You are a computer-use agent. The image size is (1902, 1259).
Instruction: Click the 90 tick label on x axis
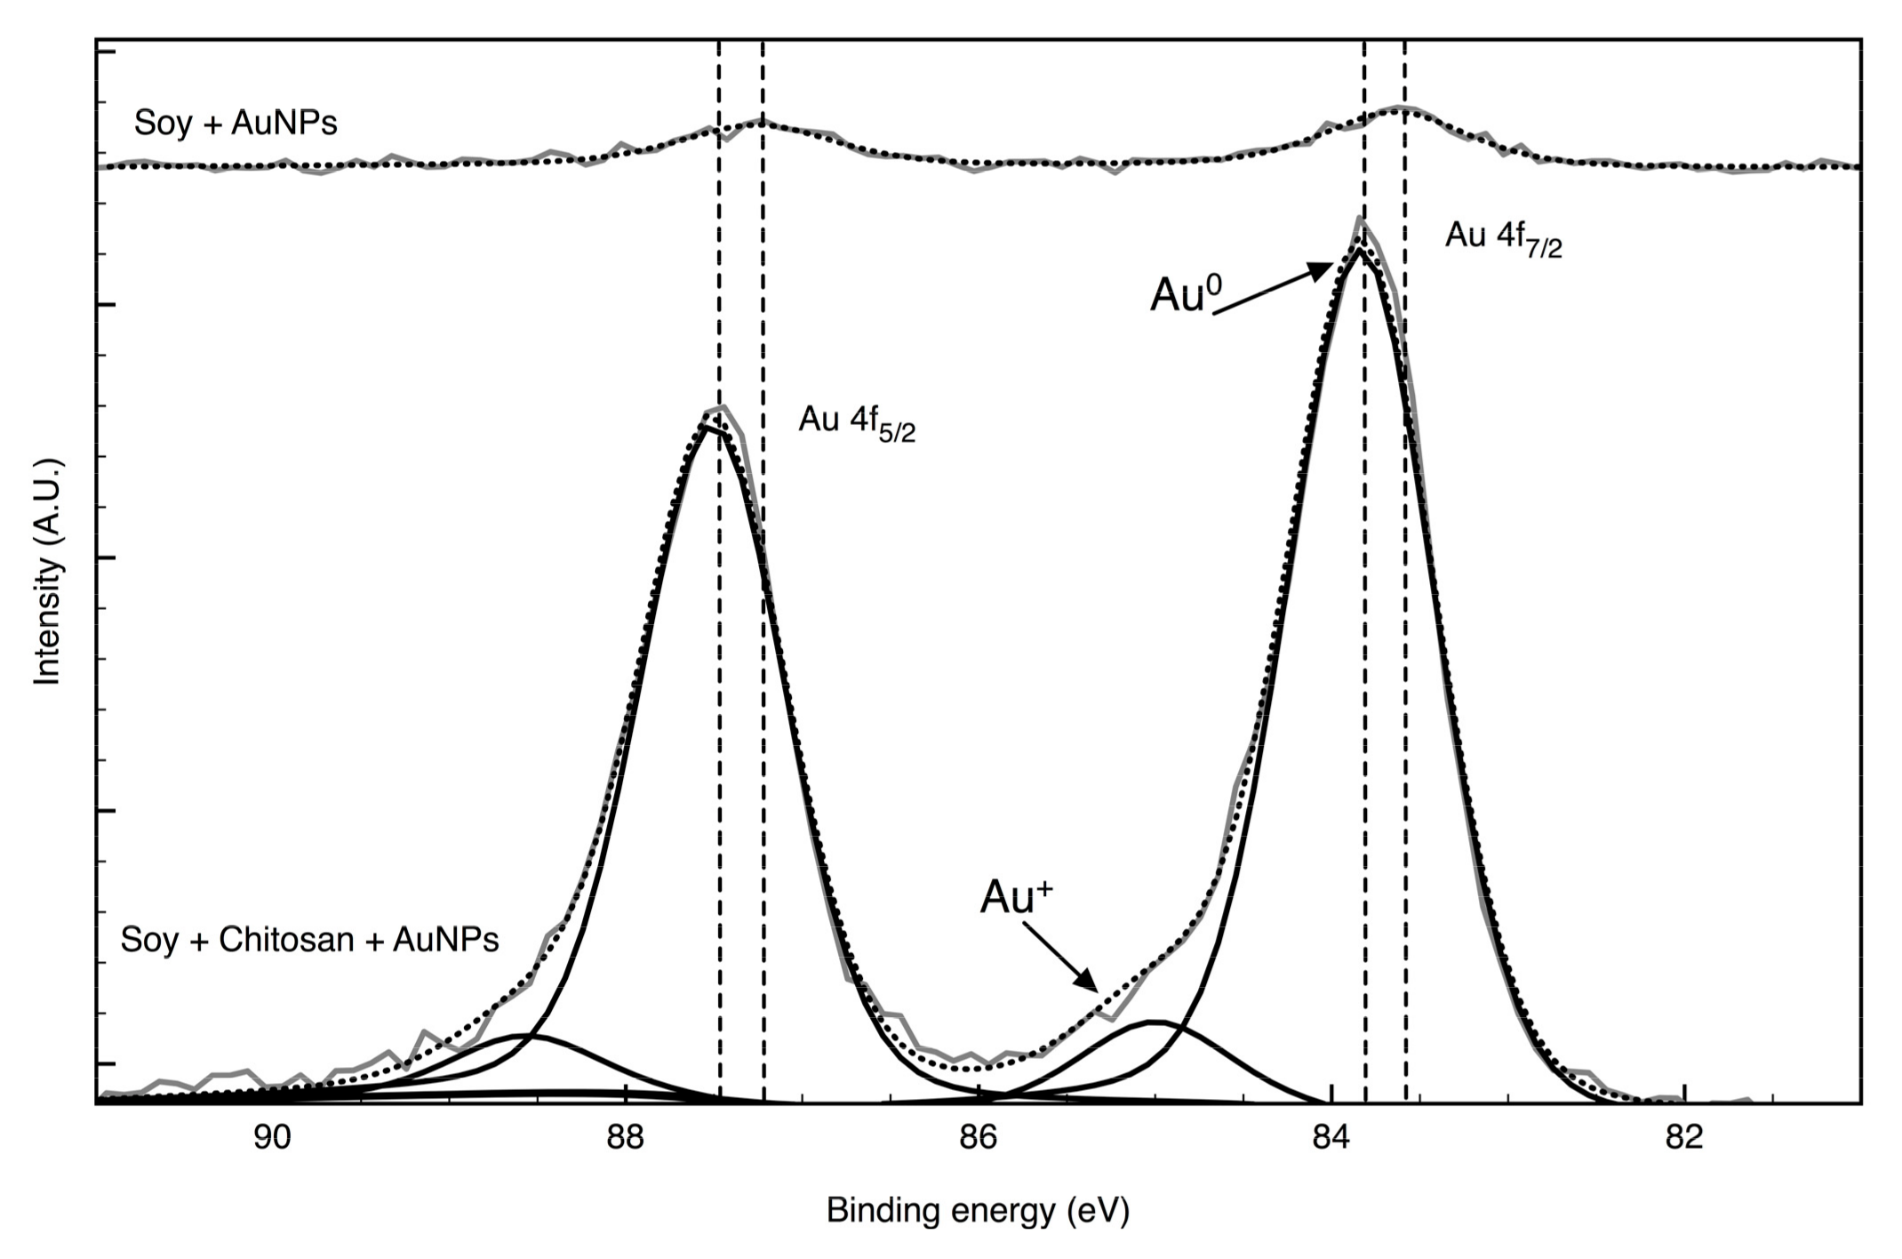click(271, 1138)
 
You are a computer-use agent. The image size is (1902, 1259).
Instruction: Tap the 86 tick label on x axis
click(978, 1138)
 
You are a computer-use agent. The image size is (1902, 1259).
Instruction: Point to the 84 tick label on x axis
click(1331, 1138)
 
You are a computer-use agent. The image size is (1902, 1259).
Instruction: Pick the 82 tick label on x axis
click(1684, 1138)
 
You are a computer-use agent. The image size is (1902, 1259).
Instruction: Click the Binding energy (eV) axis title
click(978, 1211)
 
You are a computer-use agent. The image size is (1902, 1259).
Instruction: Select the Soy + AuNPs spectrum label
click(236, 123)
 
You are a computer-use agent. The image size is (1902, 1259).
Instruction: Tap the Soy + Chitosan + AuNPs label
click(309, 940)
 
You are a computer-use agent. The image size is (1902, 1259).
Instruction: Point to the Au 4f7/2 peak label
click(1503, 238)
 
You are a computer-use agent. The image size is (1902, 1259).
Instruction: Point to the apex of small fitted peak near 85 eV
click(1153, 1022)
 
